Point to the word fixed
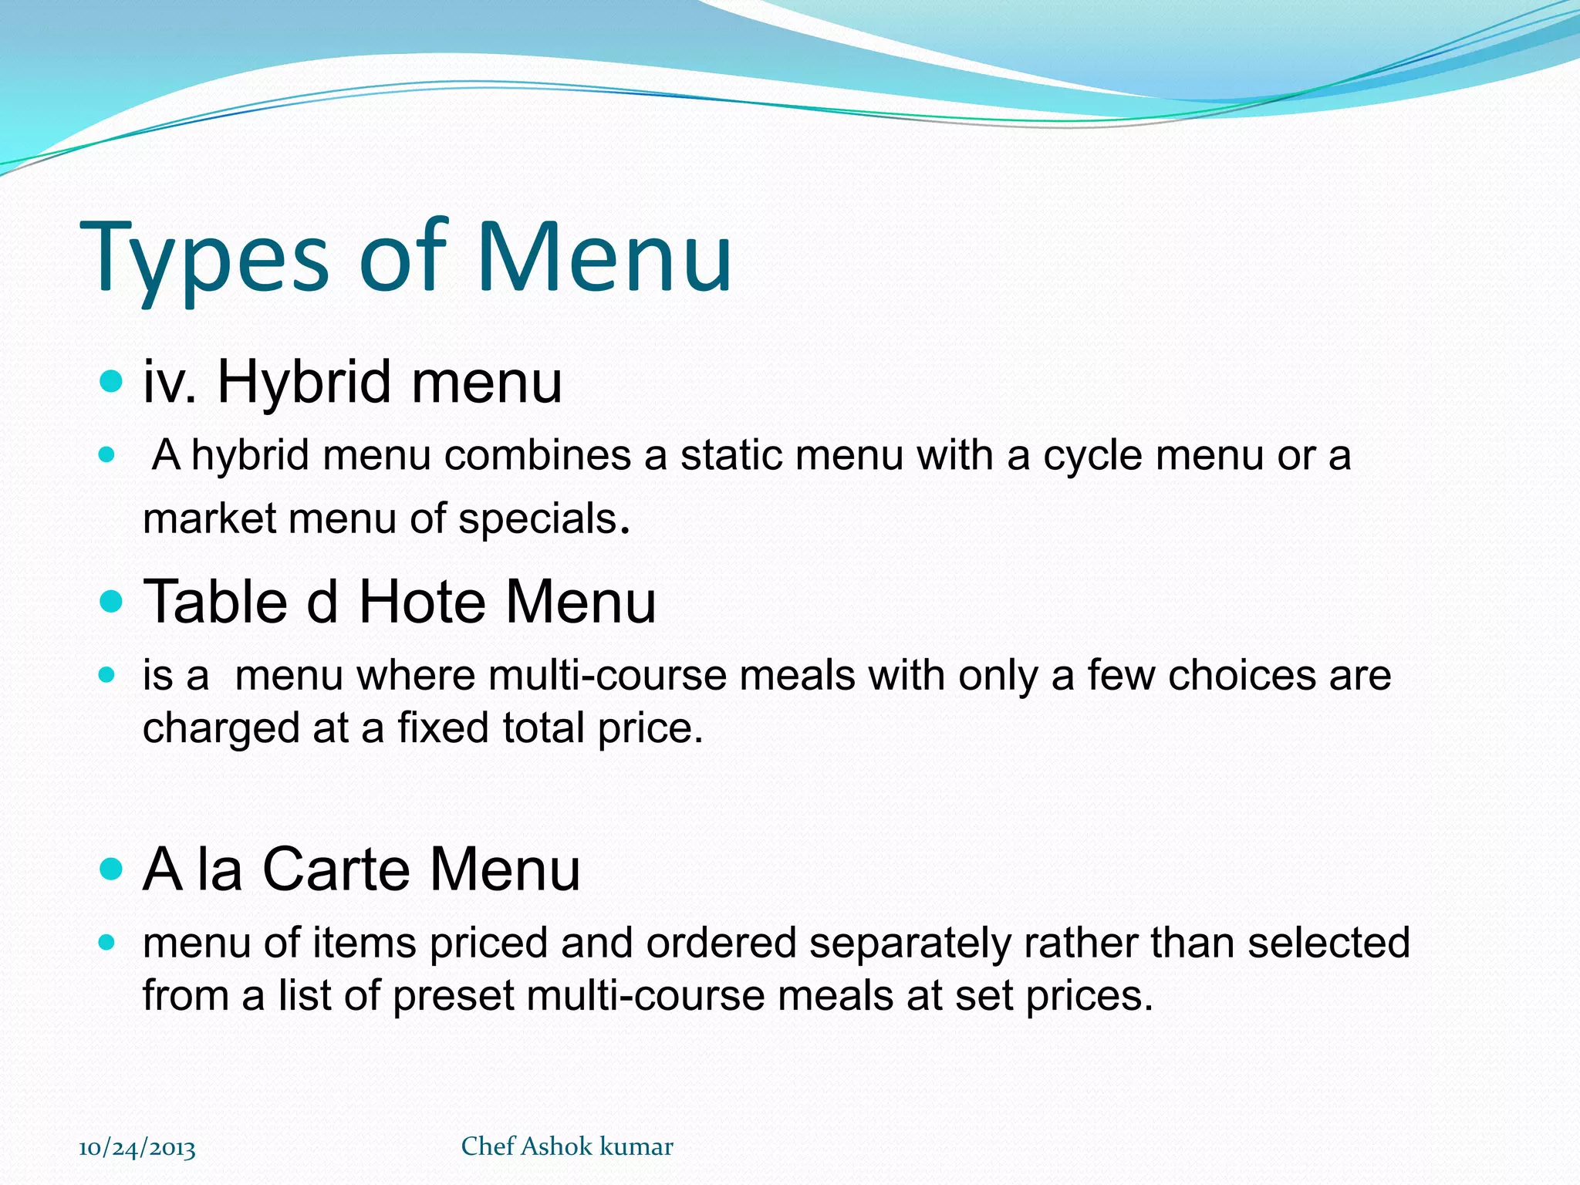(x=443, y=728)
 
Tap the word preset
(x=453, y=995)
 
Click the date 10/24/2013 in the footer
(x=137, y=1149)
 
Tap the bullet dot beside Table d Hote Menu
(x=112, y=601)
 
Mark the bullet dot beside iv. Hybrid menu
(x=112, y=380)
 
